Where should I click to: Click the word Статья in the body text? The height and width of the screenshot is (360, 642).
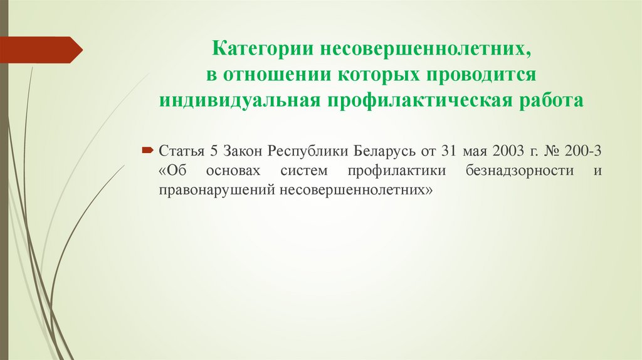point(180,151)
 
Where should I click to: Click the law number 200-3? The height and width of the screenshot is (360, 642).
point(584,151)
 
